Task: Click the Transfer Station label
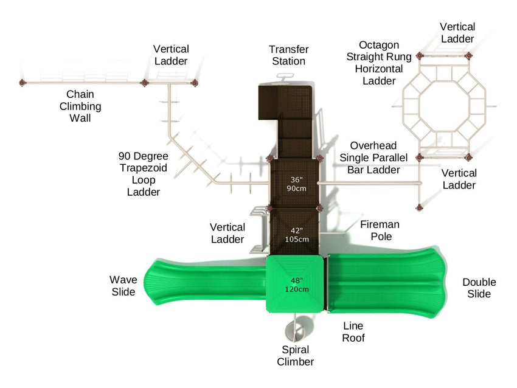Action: (289, 55)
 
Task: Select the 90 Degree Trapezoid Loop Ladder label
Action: (144, 174)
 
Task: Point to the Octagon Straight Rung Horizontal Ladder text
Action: (379, 63)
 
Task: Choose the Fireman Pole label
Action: (380, 230)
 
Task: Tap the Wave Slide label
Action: (123, 286)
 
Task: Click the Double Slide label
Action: (479, 288)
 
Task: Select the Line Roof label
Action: (353, 331)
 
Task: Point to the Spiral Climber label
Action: (296, 356)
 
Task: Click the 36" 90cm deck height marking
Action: (296, 184)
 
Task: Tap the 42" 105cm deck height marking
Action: (296, 235)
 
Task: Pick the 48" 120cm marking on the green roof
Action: (296, 285)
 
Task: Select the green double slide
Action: (389, 285)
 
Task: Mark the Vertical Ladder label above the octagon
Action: (457, 33)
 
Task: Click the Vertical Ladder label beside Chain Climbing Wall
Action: (171, 55)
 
